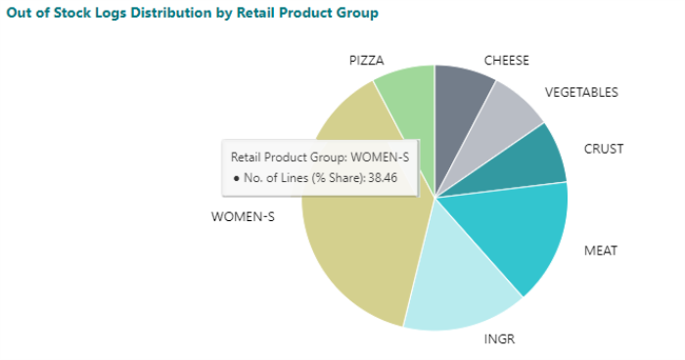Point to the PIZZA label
[x=367, y=61]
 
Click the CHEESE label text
[x=506, y=61]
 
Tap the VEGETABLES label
[x=581, y=92]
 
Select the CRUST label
[x=603, y=149]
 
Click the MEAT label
[x=600, y=250]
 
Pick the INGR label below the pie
[x=499, y=339]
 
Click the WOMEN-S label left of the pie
[x=243, y=216]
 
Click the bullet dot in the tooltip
[x=236, y=178]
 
